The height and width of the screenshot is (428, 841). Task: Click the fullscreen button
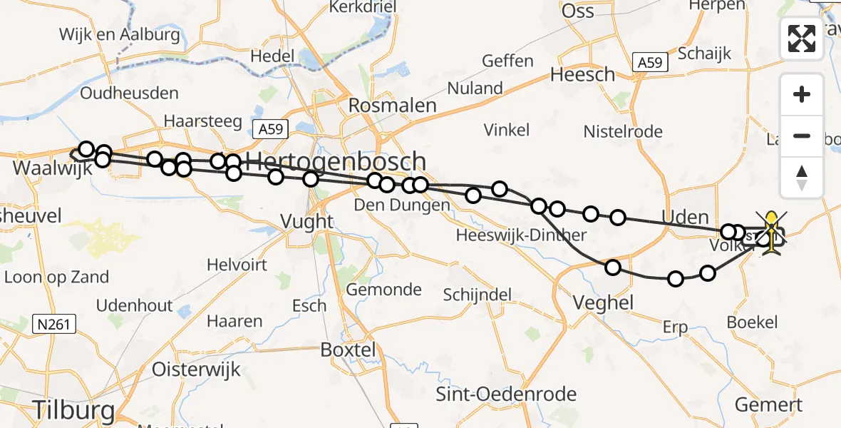pyautogui.click(x=802, y=39)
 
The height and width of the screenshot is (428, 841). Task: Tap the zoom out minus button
pyautogui.click(x=802, y=136)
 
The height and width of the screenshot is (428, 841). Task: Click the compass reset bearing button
pyautogui.click(x=802, y=177)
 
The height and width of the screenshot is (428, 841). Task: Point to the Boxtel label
pyautogui.click(x=348, y=350)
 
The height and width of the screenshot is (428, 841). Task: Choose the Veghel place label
pyautogui.click(x=604, y=302)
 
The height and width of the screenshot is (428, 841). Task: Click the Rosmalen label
pyautogui.click(x=392, y=106)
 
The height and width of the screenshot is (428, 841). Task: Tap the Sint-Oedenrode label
pyautogui.click(x=506, y=394)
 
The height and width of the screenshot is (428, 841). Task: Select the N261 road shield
pyautogui.click(x=54, y=325)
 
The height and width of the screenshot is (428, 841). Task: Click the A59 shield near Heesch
pyautogui.click(x=650, y=63)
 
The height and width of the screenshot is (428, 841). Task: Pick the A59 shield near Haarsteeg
pyautogui.click(x=270, y=129)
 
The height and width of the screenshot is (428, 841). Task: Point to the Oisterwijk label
pyautogui.click(x=196, y=370)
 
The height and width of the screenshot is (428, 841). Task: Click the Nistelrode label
pyautogui.click(x=623, y=131)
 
